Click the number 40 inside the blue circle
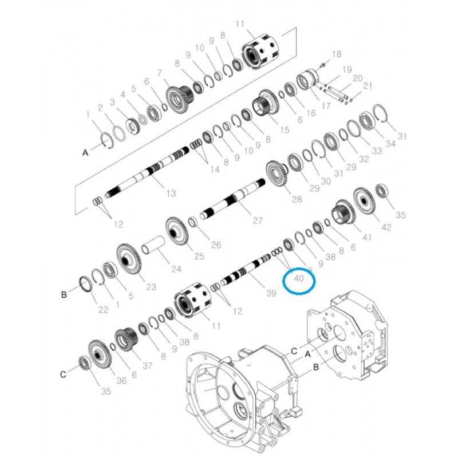[x=298, y=279]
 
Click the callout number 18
[x=336, y=54]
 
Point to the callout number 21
[x=368, y=86]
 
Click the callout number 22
[x=103, y=309]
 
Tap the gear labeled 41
[x=345, y=212]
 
